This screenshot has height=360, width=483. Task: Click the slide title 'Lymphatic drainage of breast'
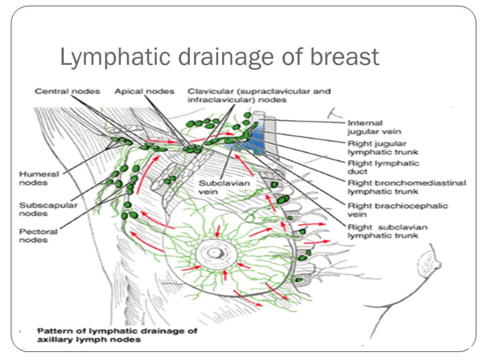[220, 57]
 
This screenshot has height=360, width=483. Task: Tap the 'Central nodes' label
[68, 91]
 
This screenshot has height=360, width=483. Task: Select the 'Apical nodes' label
[144, 91]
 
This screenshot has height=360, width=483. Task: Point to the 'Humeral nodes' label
[39, 179]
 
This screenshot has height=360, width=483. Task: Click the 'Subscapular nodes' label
[49, 209]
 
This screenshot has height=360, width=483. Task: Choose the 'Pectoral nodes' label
[38, 236]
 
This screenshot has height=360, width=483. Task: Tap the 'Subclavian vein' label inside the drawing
[224, 187]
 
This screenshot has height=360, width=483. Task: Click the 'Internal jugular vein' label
[374, 127]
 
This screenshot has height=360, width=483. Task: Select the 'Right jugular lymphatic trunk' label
[383, 148]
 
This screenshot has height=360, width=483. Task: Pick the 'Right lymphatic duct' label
[384, 168]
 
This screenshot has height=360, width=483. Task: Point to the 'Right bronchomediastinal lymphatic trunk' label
[407, 187]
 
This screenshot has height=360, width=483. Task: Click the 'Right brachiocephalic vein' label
[398, 210]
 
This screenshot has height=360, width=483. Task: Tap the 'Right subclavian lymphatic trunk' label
[388, 231]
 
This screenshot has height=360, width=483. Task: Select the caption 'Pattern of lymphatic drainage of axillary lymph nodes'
[117, 335]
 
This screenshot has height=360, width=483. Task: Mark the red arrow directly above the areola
[218, 231]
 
